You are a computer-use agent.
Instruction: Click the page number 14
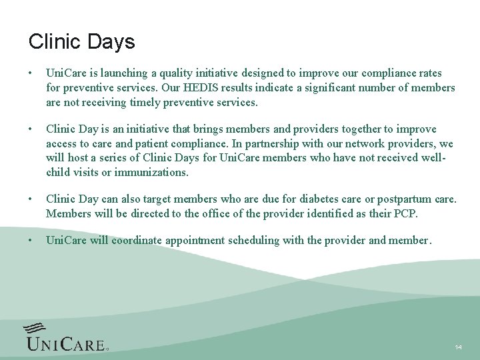[x=458, y=348]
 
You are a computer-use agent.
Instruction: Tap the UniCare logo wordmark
[x=65, y=343]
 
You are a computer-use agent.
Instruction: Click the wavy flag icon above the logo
[x=35, y=328]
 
